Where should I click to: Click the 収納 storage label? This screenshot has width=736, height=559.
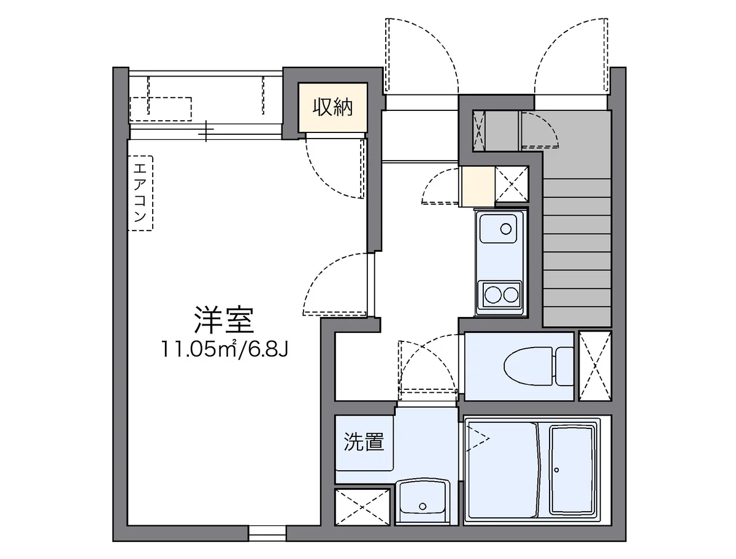333,107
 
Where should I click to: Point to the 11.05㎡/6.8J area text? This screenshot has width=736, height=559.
224,349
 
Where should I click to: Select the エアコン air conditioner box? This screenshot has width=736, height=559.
140,192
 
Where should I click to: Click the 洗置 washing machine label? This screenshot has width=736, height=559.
363,442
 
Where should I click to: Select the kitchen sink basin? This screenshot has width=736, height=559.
500,228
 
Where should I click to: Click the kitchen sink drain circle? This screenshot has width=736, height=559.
505,229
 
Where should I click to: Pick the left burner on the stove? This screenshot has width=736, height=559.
492,296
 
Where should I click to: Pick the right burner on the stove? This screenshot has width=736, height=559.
511,296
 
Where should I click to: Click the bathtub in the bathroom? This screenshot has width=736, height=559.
573,470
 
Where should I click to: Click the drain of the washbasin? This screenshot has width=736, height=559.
423,506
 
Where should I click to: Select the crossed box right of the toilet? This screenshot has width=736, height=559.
595,365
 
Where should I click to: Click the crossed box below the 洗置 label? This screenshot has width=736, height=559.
362,507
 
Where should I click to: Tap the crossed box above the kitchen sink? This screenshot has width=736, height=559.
512,184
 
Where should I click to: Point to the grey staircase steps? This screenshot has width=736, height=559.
577,245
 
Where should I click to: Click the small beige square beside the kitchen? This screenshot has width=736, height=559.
477,186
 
